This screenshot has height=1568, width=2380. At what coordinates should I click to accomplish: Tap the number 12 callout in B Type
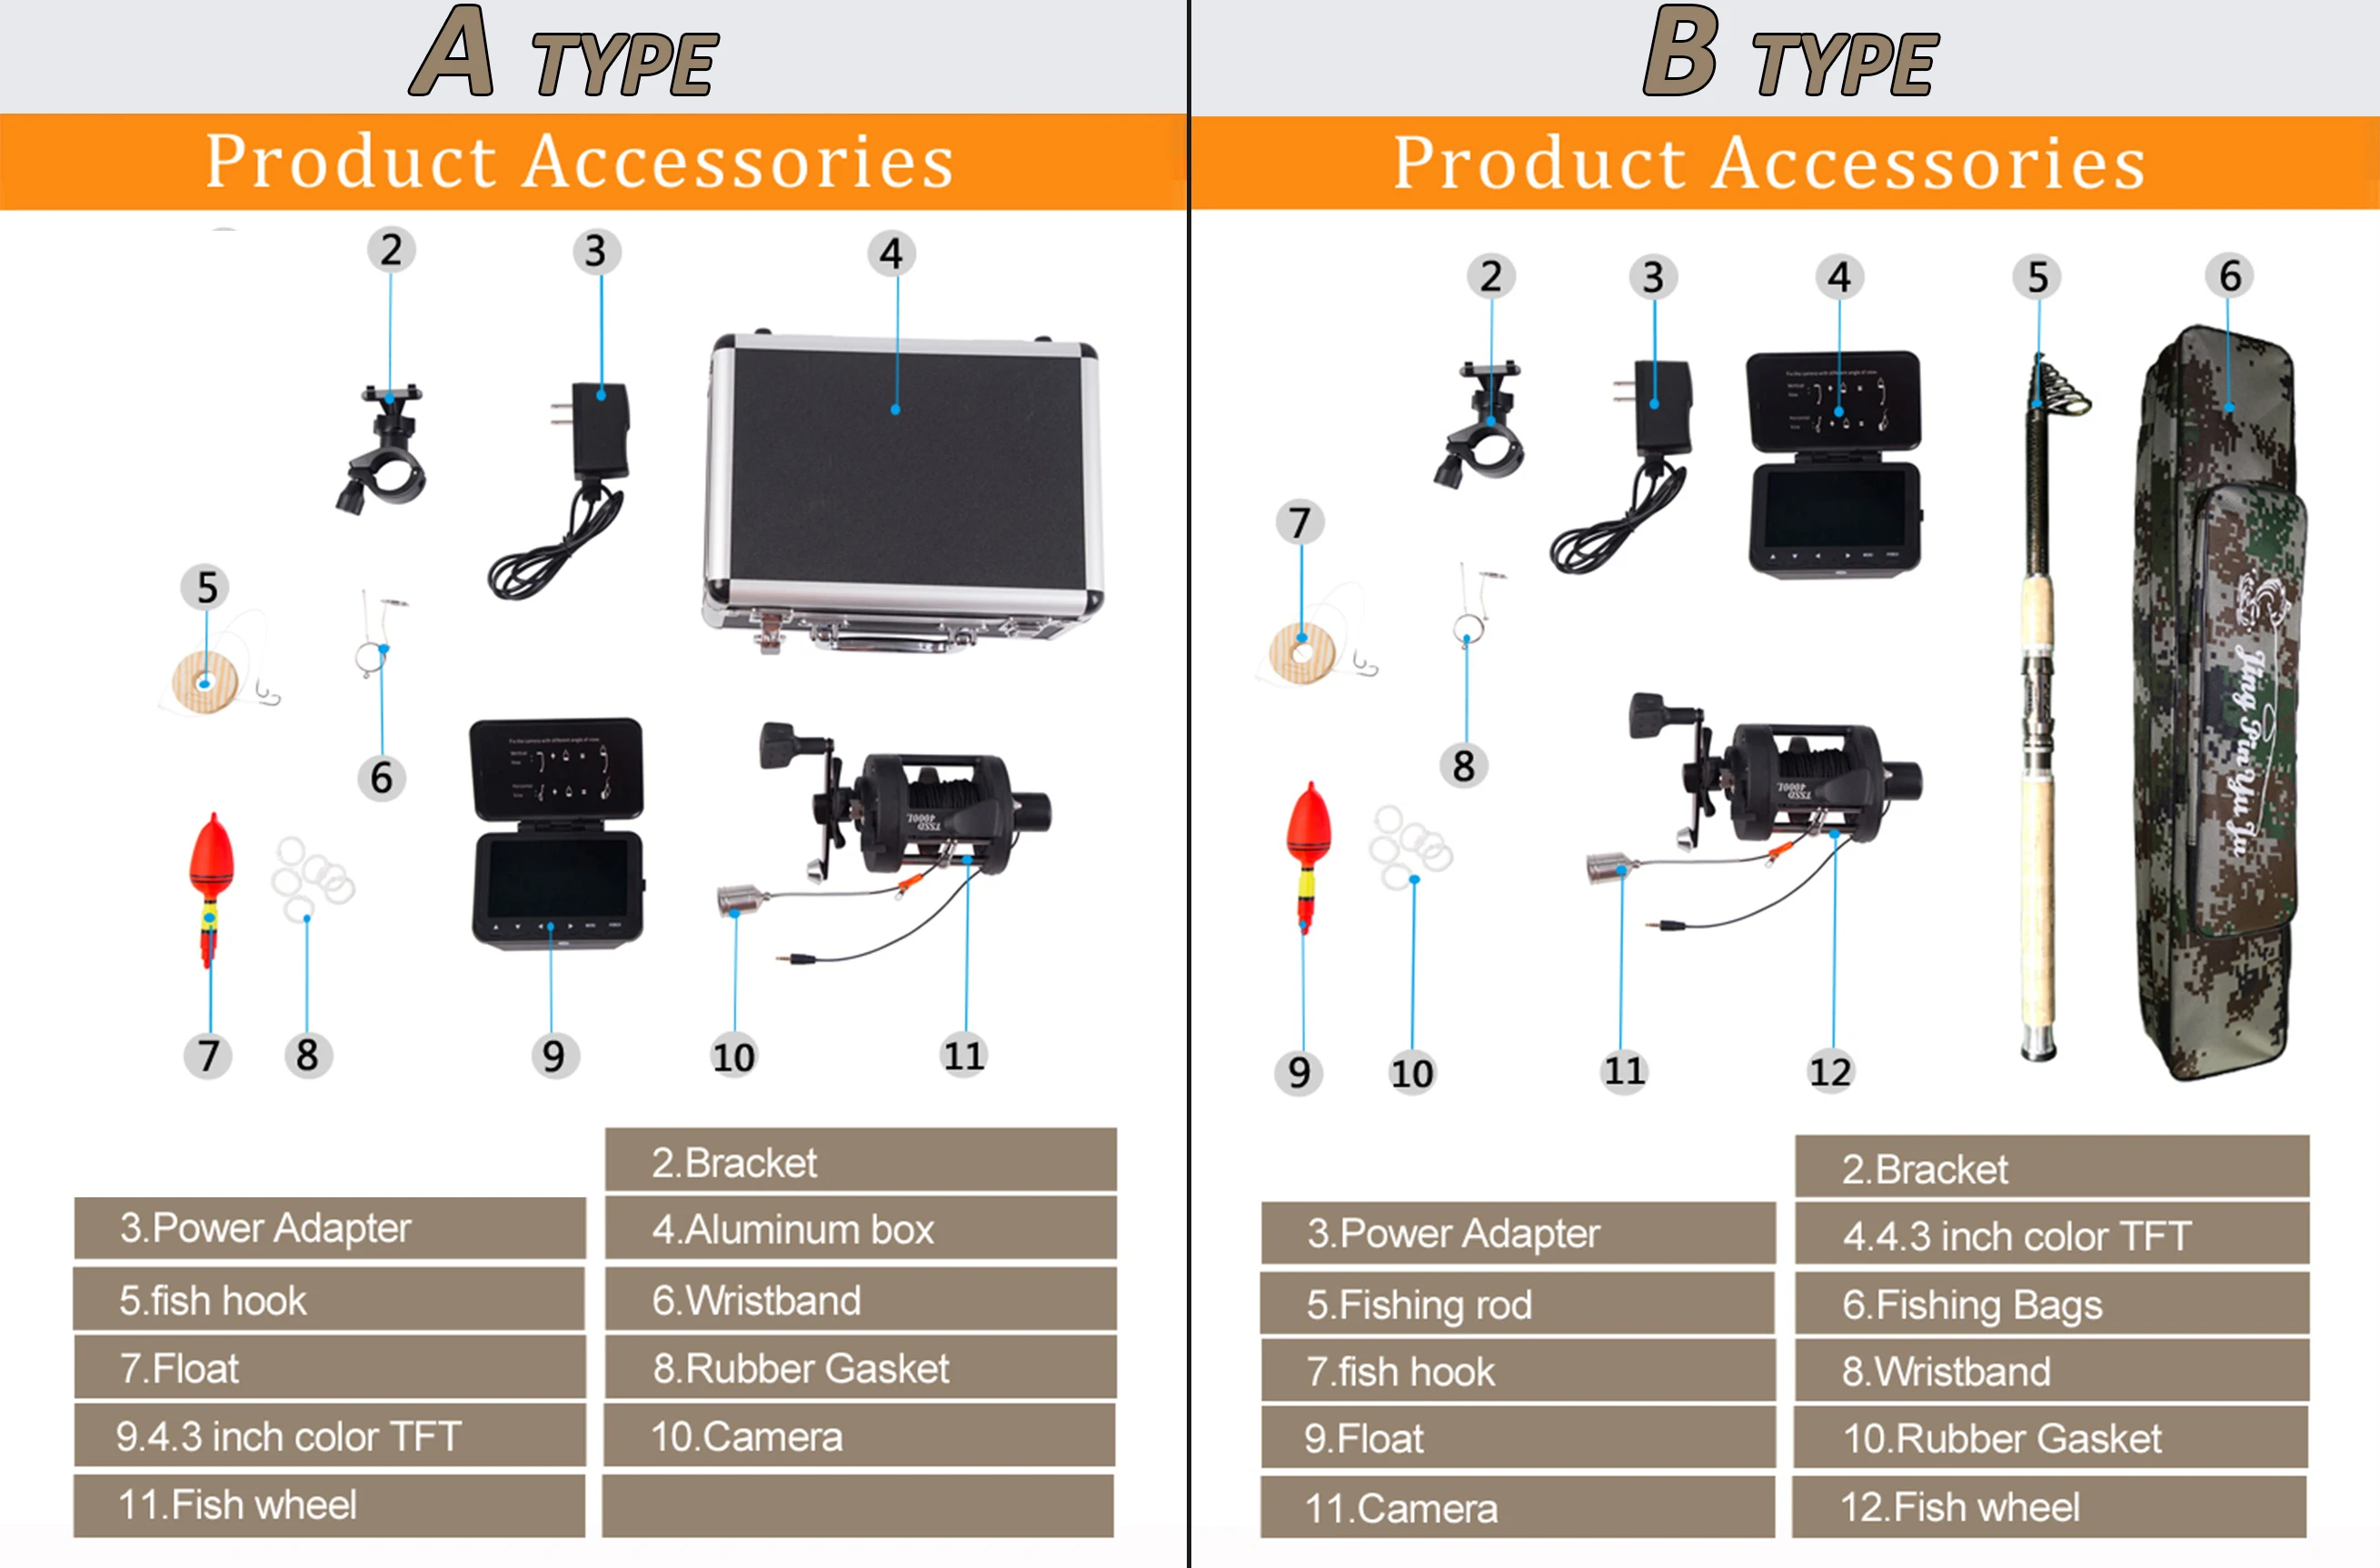tap(1830, 1072)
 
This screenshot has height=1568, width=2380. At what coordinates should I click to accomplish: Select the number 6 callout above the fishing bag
tap(2229, 276)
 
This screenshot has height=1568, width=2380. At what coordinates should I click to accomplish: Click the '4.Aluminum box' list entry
tap(860, 1229)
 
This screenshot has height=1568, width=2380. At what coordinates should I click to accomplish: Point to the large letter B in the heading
tap(1680, 52)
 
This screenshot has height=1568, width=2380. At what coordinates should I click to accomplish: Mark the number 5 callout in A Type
tap(206, 587)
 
